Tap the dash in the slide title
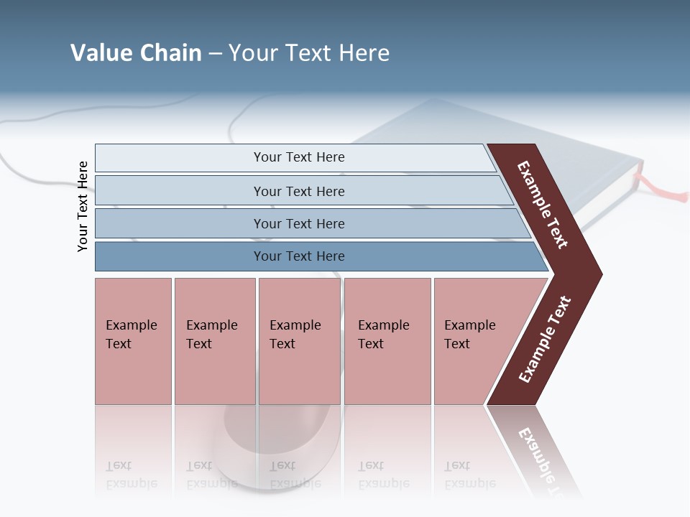[215, 54]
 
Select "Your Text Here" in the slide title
[309, 53]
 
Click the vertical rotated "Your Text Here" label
[83, 207]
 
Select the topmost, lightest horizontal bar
[298, 157]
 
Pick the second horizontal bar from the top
[298, 191]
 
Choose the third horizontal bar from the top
[298, 223]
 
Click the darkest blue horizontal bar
[298, 256]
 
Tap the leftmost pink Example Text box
[133, 341]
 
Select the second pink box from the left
[214, 341]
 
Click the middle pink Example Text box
[299, 341]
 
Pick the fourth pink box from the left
[387, 341]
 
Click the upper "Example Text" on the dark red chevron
[543, 205]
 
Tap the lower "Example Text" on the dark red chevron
[545, 340]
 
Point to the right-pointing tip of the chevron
[599, 274]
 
